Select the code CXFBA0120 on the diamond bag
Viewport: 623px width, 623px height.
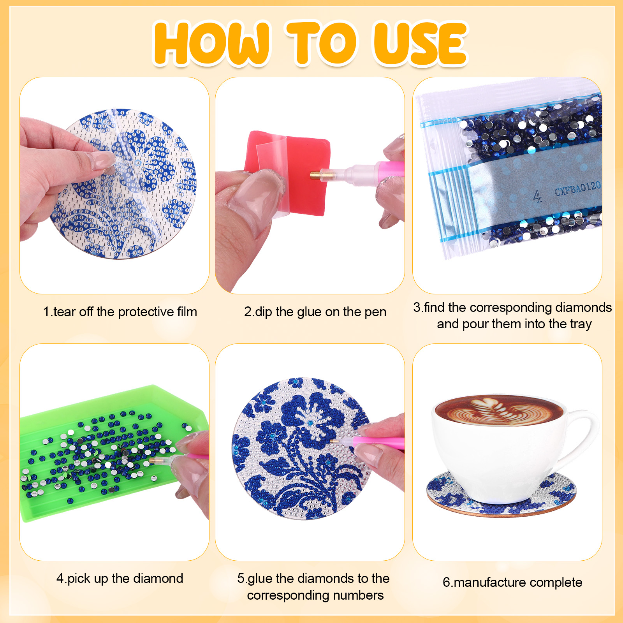tap(577, 189)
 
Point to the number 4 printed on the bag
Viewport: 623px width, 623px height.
tap(537, 196)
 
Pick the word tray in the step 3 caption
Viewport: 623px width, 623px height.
tap(579, 324)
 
